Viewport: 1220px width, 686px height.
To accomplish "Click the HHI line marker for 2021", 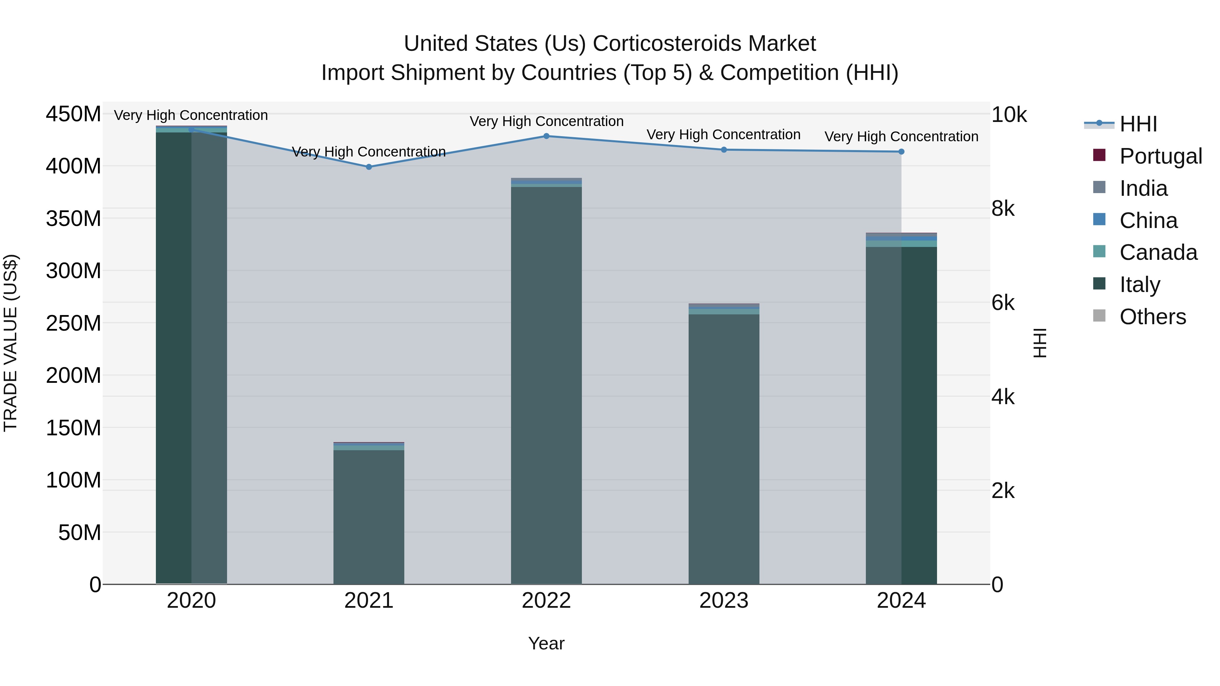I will click(369, 167).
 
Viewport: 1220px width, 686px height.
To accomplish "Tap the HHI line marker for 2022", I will click(546, 136).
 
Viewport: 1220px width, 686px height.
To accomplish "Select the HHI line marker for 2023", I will click(724, 150).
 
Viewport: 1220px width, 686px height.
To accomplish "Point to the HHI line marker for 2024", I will click(901, 151).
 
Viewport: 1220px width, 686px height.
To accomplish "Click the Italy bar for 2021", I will click(369, 516).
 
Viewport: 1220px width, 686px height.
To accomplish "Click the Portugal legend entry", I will click(1160, 156).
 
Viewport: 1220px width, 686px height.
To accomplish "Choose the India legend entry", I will click(1143, 188).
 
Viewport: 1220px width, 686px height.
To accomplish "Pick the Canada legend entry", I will click(1158, 252).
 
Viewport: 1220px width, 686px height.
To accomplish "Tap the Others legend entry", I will click(1152, 317).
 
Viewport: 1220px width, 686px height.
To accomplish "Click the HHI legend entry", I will click(1138, 124).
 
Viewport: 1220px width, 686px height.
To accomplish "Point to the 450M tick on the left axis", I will click(74, 114).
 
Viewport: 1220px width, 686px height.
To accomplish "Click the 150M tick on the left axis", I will click(74, 428).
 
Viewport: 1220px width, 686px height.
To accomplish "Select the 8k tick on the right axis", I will click(1003, 209).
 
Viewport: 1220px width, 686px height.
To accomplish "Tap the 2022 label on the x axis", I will click(546, 601).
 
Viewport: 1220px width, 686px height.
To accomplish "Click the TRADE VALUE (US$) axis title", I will click(11, 343).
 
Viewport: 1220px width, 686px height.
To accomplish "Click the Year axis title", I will click(546, 643).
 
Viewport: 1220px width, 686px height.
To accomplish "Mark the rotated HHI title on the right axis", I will click(1040, 343).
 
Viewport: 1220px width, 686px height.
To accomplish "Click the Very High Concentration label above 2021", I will click(369, 152).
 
